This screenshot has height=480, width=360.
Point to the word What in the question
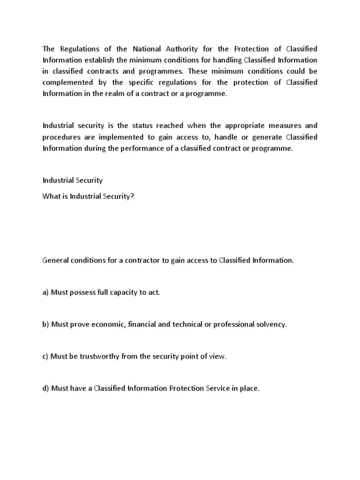52,196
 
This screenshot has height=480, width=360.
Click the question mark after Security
132,196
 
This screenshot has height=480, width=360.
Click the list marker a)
46,292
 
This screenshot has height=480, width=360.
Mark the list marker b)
46,324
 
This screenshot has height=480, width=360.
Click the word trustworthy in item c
98,356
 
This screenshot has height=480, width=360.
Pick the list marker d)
46,388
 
